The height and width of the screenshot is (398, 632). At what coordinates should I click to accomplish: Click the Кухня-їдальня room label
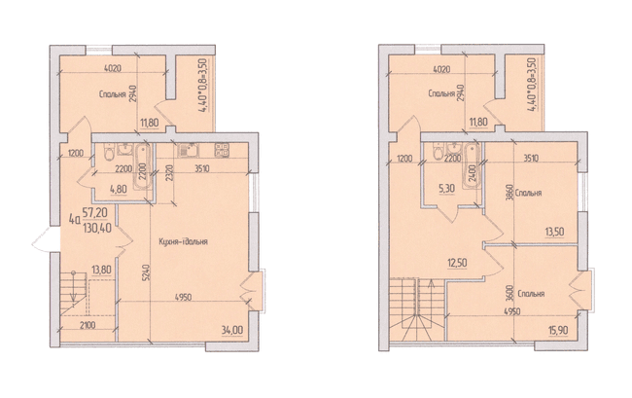point(183,242)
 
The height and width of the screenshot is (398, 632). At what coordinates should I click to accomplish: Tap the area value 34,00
point(231,330)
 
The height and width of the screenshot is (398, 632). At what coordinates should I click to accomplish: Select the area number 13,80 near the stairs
point(101,270)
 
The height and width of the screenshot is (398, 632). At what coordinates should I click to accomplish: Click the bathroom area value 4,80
point(119,188)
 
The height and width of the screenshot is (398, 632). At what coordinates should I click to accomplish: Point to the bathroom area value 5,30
point(446,189)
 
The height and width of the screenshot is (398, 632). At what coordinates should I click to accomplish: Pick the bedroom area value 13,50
point(554,233)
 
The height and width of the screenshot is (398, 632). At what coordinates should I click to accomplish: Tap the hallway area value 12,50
point(457,263)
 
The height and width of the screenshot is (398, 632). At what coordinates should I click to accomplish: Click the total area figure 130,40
point(96,229)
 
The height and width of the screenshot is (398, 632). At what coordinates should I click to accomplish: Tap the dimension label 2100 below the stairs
point(88,325)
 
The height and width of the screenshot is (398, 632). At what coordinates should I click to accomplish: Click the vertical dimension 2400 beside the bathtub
point(473,172)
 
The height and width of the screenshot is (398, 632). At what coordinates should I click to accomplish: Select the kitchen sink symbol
point(188,151)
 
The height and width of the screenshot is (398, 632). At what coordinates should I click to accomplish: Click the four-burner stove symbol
point(222,150)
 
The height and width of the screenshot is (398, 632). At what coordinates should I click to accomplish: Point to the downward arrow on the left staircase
point(73,287)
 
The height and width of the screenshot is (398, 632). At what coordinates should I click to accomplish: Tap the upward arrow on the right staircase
point(431,298)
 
